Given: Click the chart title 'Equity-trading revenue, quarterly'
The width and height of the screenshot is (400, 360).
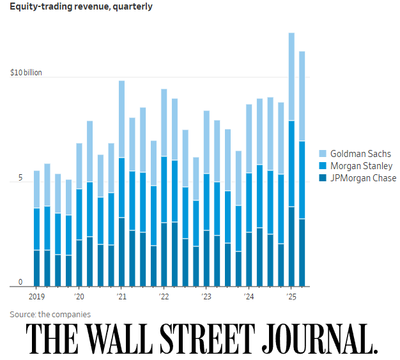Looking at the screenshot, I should [x=81, y=8].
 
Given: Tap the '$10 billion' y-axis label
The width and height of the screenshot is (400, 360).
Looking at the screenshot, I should [x=26, y=73].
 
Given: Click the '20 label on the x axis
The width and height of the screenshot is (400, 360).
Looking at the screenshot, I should [x=79, y=297].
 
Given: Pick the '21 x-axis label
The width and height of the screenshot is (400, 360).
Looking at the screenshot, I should [x=121, y=297].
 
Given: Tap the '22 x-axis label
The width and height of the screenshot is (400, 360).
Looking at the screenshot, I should [x=164, y=297].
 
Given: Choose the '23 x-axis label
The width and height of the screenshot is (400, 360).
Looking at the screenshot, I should [x=206, y=297].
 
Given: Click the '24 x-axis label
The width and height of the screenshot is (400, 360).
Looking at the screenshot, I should [x=249, y=297].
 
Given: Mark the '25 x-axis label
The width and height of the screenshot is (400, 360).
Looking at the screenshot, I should [x=291, y=297].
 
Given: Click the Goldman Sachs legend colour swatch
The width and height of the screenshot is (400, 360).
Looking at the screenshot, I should [x=322, y=154].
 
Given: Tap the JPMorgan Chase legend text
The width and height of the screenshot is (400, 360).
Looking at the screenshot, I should [x=363, y=178].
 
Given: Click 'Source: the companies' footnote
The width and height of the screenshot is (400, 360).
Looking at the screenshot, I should [x=50, y=314].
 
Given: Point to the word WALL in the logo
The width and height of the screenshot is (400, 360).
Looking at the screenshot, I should [x=123, y=339].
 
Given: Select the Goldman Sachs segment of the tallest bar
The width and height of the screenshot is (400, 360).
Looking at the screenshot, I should [x=291, y=77].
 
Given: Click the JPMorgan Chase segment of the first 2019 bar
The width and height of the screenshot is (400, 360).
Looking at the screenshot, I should [x=37, y=268].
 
